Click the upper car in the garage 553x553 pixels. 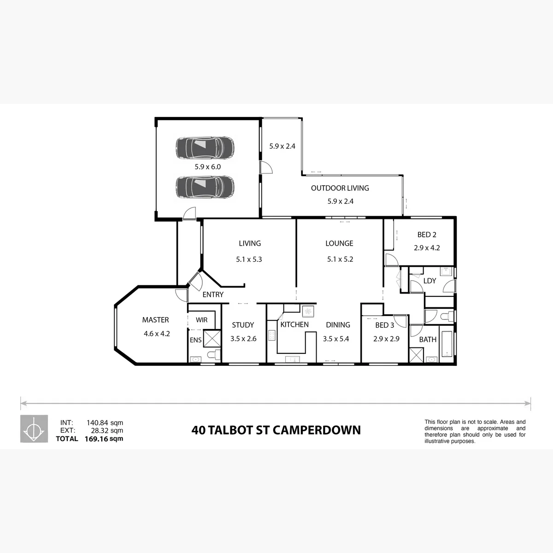tap(205, 148)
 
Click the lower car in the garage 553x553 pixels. tap(205, 187)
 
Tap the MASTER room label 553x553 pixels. tap(156, 320)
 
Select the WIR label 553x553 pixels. tap(201, 320)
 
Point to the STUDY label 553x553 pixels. tap(243, 325)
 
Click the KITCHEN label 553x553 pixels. tap(294, 324)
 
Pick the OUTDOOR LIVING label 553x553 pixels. tap(340, 188)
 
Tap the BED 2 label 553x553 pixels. tap(427, 235)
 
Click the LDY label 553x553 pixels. tap(429, 281)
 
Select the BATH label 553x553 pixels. tap(428, 340)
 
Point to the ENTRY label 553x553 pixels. tap(213, 294)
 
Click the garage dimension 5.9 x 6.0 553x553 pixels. tap(208, 167)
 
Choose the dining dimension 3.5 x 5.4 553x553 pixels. tap(336, 339)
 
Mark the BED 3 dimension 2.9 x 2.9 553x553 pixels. tap(386, 339)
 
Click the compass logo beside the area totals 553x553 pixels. tap(34, 429)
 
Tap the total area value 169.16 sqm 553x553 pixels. tap(104, 439)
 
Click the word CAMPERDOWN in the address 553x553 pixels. tap(317, 430)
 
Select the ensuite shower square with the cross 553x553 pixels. tap(212, 339)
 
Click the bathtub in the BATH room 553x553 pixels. tap(447, 344)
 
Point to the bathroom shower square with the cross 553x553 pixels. tap(417, 355)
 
